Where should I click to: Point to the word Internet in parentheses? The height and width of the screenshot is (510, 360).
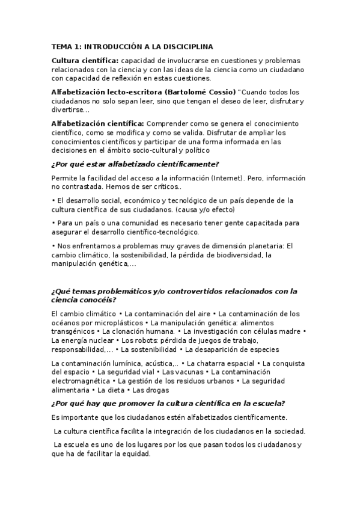(x=226, y=179)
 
